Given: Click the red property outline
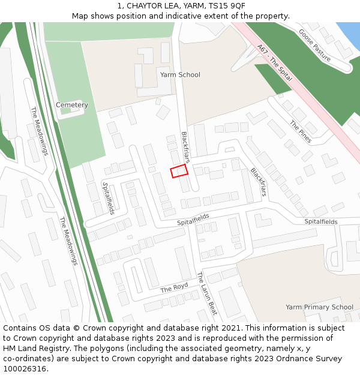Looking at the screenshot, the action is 179,171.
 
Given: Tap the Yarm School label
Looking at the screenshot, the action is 180,75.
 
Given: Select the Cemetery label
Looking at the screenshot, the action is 72,105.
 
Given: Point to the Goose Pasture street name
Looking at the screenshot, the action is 314,46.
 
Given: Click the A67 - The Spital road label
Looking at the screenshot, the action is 274,62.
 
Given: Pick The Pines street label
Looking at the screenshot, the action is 301,132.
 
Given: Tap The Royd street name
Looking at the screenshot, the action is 174,288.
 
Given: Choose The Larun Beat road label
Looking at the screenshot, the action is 206,293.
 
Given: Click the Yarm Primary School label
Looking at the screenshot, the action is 319,307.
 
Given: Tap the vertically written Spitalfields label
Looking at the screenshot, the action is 108,198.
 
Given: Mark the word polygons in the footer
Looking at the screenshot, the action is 125,349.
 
